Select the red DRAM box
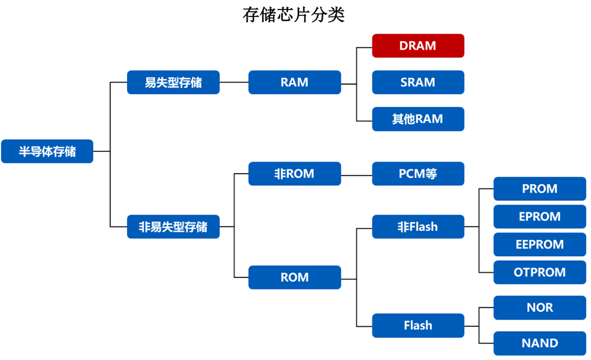[418, 46]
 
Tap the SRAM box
[418, 82]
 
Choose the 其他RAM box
[418, 119]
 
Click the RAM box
[294, 82]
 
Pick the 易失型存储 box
[173, 82]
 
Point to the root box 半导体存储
[47, 151]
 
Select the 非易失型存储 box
[173, 227]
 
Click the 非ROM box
[294, 174]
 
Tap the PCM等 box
[418, 174]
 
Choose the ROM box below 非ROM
[294, 277]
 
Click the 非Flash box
[418, 226]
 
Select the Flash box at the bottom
[418, 326]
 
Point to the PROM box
[540, 189]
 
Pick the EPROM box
[540, 216]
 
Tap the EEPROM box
[540, 244]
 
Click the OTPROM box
[540, 273]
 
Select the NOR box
[540, 308]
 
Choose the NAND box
[540, 343]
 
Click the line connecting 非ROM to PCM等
[356, 175]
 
